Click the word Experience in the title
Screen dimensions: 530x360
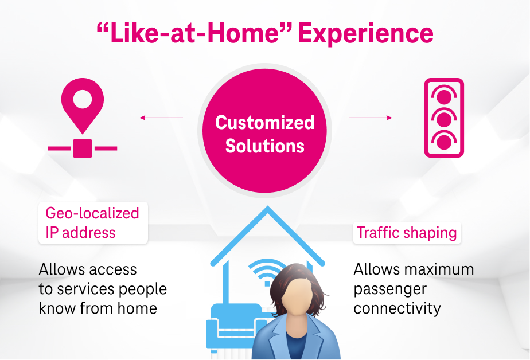366,34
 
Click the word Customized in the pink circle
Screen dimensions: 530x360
264,122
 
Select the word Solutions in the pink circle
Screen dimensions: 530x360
264,146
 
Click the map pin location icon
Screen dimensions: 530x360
83,105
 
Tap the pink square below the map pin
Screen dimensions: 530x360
83,148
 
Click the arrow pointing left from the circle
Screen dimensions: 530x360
161,118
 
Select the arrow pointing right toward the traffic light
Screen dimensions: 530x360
371,118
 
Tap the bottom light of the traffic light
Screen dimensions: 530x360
444,142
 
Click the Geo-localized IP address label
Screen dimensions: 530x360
93,223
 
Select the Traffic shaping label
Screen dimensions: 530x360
407,233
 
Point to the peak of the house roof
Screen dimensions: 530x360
268,207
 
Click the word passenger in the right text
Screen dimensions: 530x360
390,289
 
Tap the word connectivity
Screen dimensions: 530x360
397,308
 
